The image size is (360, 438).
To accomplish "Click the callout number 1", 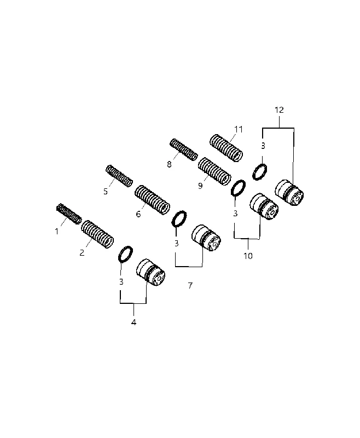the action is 57,232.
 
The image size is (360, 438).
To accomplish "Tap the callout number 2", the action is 82,253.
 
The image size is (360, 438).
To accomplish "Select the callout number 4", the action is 133,322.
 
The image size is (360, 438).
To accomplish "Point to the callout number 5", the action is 106,192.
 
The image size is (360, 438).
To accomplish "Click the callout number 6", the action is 138,214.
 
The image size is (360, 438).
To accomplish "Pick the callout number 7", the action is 190,285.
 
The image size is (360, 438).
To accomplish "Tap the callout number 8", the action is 169,165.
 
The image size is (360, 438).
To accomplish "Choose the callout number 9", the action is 200,186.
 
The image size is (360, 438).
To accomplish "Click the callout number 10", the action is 248,256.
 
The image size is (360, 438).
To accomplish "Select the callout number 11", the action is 239,129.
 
